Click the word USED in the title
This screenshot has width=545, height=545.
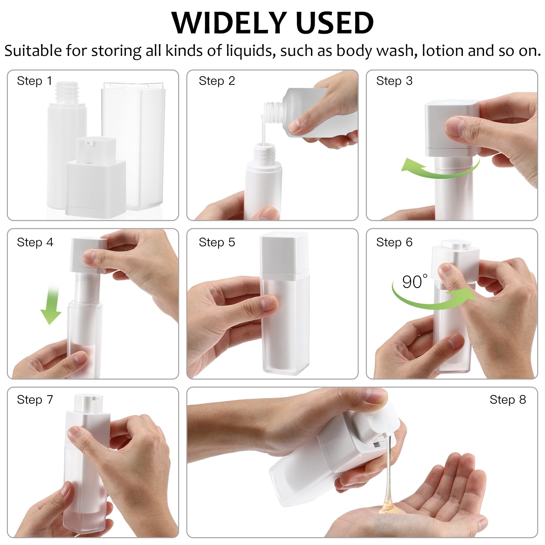point(335,23)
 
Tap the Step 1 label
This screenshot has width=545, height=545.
point(34,81)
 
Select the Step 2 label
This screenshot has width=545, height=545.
point(217,81)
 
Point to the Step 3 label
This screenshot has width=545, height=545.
point(394,81)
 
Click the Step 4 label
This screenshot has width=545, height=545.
point(35,242)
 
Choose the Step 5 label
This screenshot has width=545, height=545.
point(217,242)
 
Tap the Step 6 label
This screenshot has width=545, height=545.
point(394,242)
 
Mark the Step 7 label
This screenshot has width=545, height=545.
point(35,400)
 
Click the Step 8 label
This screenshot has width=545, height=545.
point(508,400)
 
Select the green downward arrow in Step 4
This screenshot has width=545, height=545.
point(52,307)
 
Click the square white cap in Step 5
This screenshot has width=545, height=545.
point(284,252)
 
